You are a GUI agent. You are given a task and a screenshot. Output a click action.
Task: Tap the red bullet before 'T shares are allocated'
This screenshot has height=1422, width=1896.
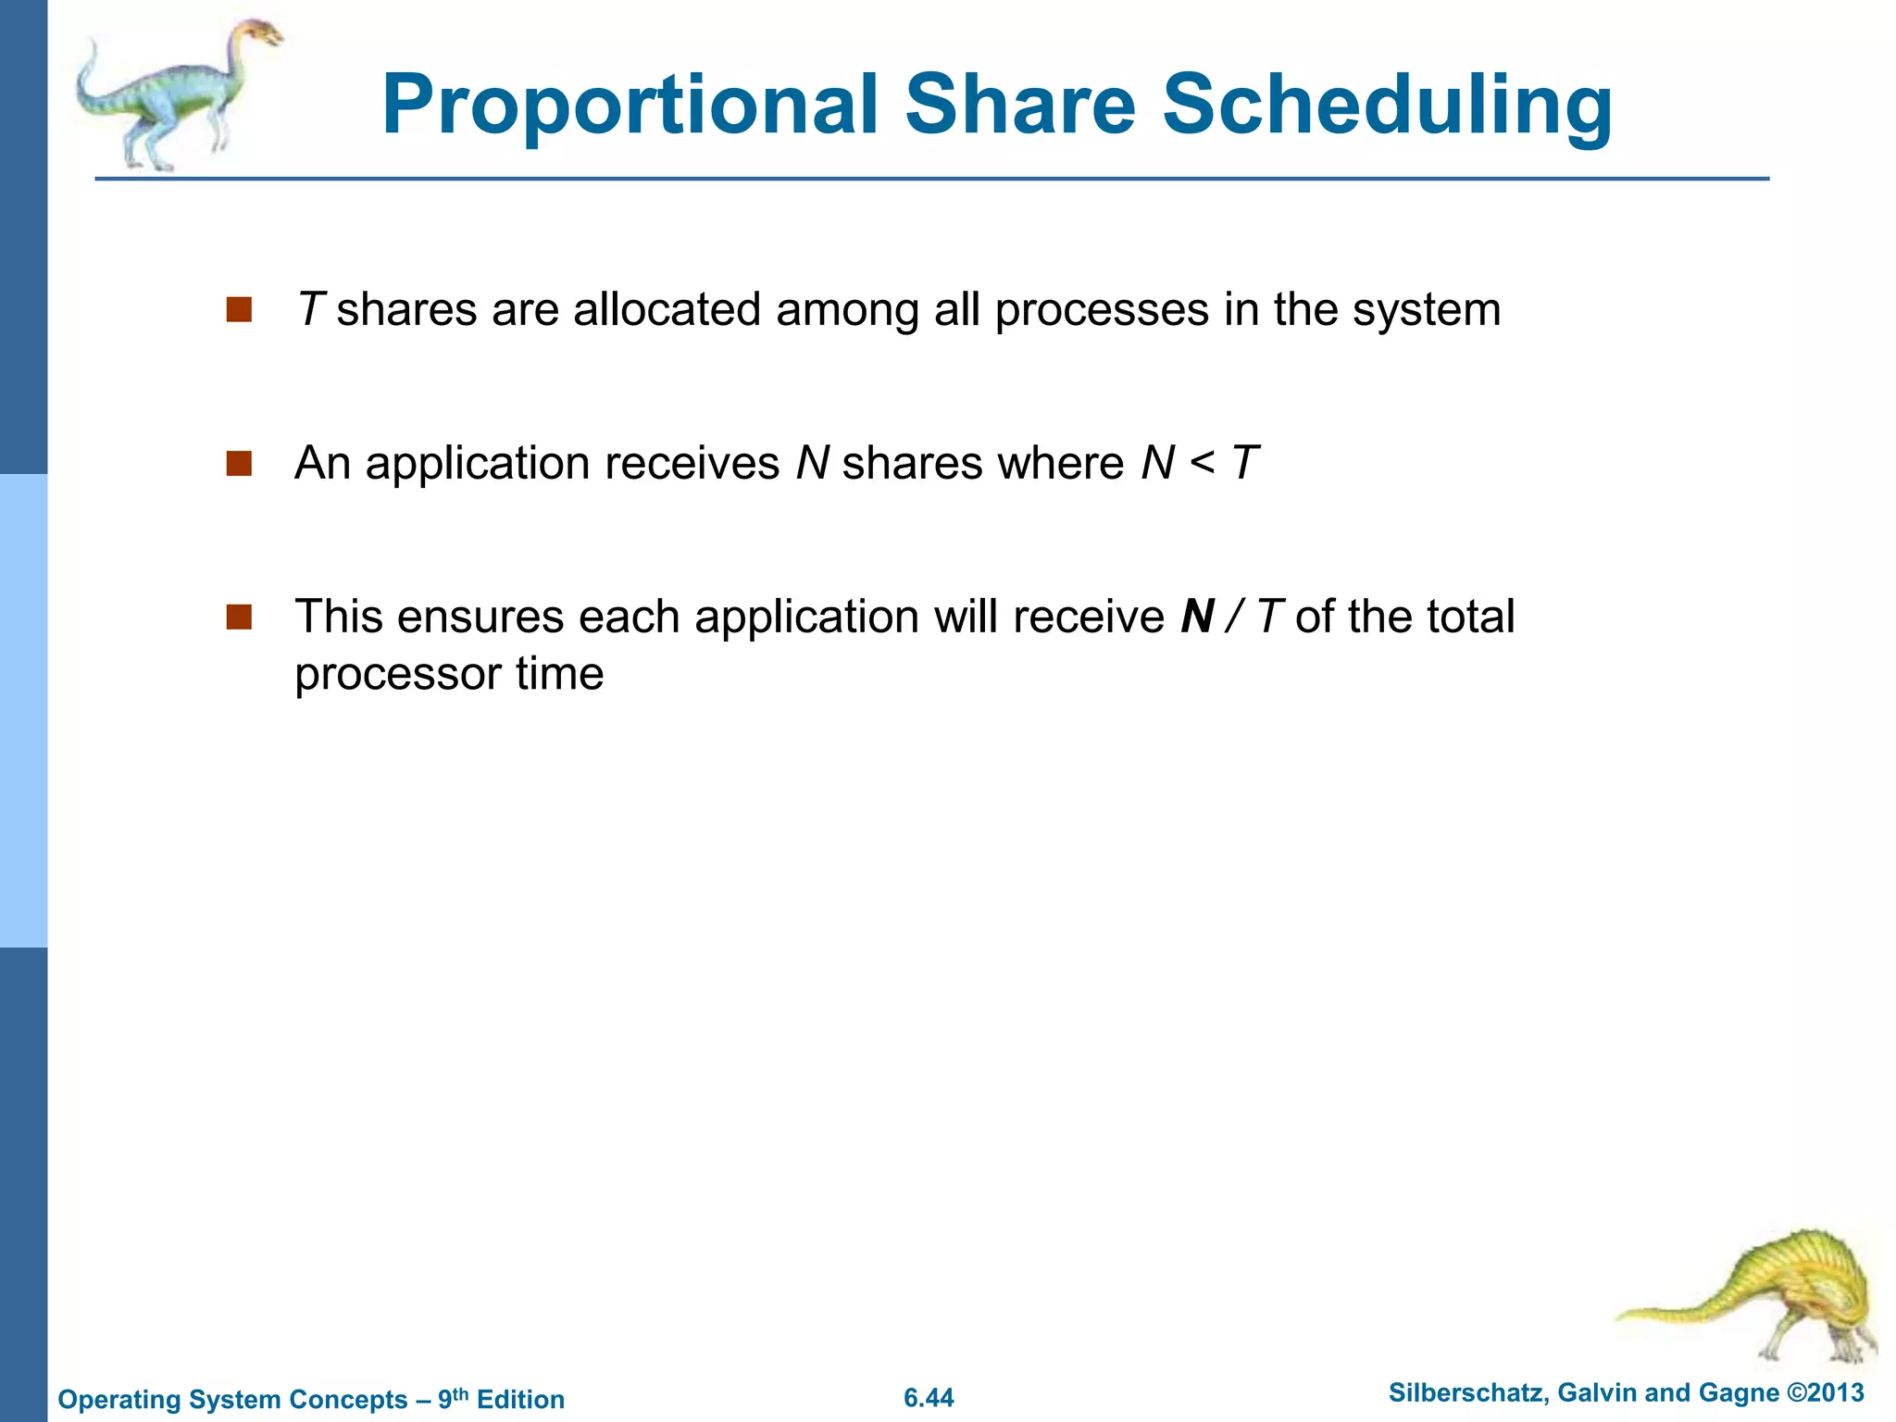click(239, 309)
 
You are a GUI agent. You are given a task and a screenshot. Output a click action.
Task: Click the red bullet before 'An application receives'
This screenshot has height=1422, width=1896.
click(239, 463)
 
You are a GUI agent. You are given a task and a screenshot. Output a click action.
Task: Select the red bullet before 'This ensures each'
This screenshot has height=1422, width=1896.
click(239, 617)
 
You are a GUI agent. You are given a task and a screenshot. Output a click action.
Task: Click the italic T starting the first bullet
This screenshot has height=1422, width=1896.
click(309, 309)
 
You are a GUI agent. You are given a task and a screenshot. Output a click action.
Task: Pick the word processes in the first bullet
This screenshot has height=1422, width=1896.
click(1102, 310)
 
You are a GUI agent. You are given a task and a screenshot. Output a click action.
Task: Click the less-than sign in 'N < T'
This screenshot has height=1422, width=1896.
click(1203, 463)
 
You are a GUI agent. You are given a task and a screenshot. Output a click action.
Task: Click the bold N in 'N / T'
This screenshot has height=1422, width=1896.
click(1198, 617)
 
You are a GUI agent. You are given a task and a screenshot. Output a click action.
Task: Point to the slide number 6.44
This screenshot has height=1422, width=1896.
click(929, 1398)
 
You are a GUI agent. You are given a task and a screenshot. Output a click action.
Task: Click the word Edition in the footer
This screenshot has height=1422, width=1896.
click(520, 1399)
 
